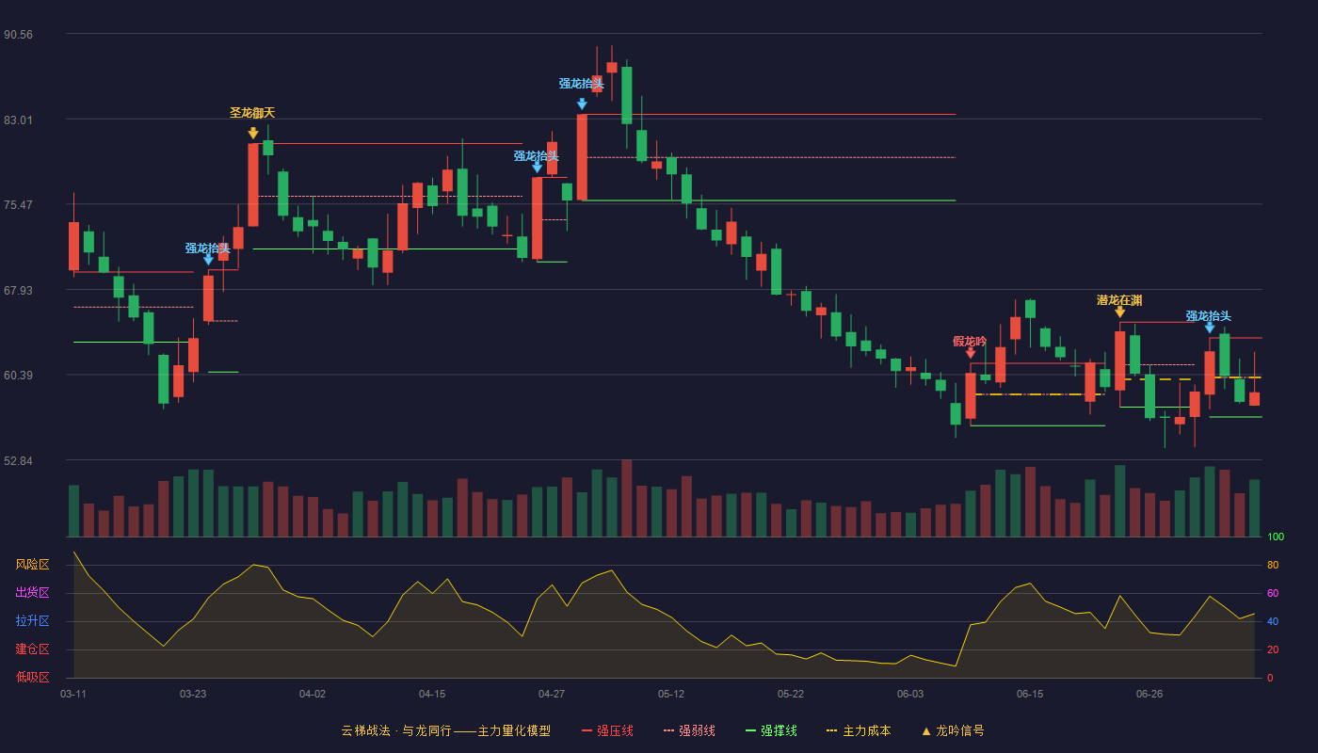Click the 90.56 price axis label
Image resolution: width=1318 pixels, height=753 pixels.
point(18,35)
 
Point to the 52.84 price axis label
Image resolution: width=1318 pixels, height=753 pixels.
point(18,460)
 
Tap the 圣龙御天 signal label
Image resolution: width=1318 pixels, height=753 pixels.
point(252,112)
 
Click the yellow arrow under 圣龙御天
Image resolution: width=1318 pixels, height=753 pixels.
point(253,133)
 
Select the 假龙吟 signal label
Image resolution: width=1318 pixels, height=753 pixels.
point(970,341)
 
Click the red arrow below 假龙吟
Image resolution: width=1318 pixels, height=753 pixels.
point(971,353)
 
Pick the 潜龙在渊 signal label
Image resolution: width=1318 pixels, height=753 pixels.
point(1119,300)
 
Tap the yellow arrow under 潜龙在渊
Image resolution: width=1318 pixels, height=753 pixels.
point(1119,312)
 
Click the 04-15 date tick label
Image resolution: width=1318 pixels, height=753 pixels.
point(432,695)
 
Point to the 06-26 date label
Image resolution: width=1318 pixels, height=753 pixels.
point(1149,695)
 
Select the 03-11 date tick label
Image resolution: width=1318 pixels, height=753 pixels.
point(73,695)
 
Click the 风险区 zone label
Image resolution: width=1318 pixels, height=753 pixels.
point(32,565)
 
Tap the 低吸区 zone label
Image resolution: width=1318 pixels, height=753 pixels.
point(32,677)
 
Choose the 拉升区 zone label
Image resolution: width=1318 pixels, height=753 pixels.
point(32,620)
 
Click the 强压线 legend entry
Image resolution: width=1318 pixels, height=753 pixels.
point(607,730)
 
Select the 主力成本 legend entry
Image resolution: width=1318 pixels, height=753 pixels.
point(859,730)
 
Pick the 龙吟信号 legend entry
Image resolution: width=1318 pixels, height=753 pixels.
point(953,730)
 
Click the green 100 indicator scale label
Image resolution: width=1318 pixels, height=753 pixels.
point(1276,537)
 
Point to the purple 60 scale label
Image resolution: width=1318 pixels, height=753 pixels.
point(1273,593)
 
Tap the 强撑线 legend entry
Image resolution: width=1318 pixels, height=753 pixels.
point(771,730)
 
